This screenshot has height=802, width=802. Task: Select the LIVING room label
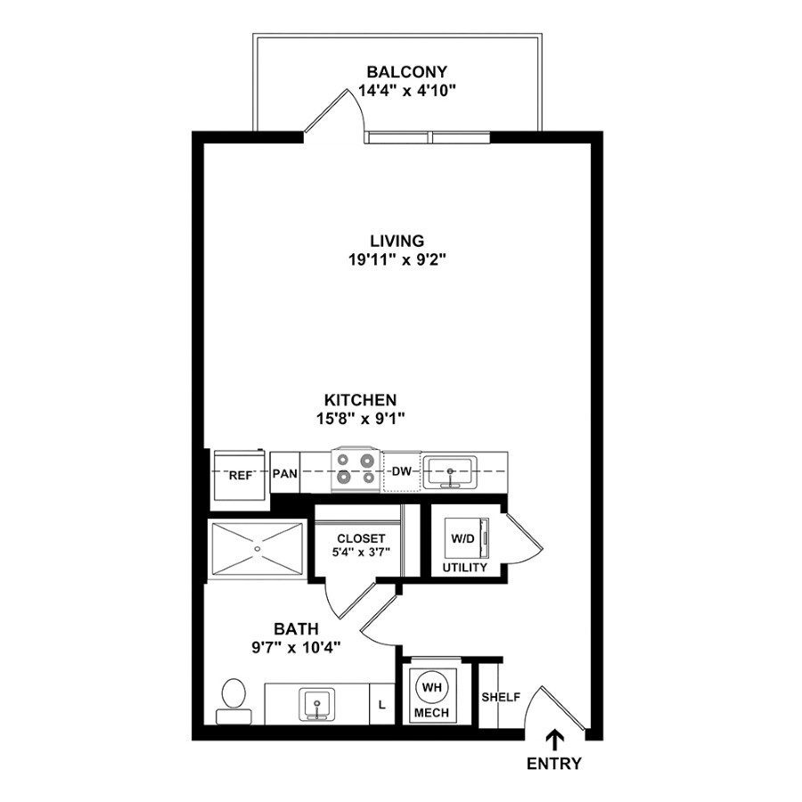tap(397, 241)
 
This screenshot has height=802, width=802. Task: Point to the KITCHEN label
tap(360, 400)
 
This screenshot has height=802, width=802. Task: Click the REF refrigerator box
tap(240, 474)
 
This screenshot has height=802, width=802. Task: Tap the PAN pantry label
tap(284, 474)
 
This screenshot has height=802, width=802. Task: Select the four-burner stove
tap(356, 470)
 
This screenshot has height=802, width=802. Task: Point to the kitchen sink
tap(451, 471)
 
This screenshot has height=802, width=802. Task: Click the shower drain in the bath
tap(258, 549)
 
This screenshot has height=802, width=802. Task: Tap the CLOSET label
tap(361, 539)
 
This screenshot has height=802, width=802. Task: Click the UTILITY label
tap(465, 568)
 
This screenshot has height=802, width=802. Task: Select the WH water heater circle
tap(432, 688)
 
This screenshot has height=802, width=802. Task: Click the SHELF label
tap(500, 697)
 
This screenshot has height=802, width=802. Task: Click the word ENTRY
tap(554, 764)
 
